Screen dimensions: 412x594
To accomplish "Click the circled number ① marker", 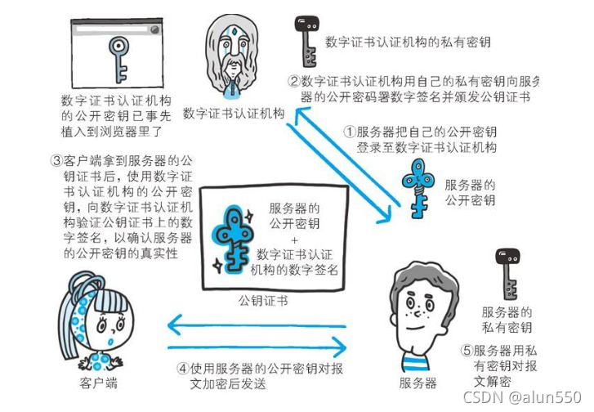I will coord(349,132).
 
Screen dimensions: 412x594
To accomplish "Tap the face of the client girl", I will coord(101,319).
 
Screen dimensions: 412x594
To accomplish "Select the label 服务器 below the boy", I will coord(418,382).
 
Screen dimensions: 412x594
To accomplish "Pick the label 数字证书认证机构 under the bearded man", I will coord(234,113).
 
